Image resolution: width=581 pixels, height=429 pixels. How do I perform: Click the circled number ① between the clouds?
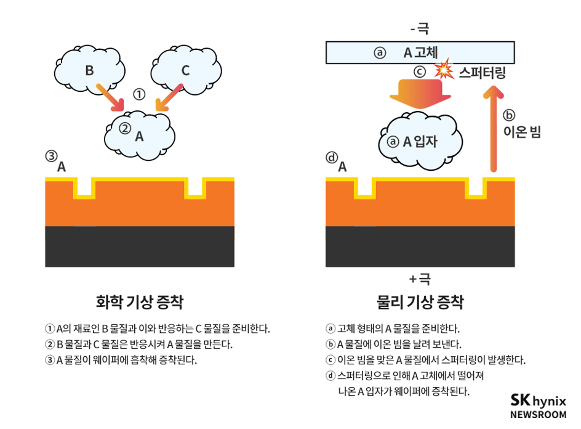[140, 94]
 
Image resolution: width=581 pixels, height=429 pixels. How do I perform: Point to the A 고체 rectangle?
[420, 52]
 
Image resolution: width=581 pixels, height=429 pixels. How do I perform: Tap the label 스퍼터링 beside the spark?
[483, 73]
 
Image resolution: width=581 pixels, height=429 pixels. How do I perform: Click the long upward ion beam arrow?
[492, 129]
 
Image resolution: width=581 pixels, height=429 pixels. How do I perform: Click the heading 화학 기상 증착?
[140, 302]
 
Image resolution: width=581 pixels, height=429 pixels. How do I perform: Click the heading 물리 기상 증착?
[420, 302]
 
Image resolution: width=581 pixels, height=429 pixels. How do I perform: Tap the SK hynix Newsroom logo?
[538, 406]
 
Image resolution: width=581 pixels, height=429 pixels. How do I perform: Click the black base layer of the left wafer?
[140, 247]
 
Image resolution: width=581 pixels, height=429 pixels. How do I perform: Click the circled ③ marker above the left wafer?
[51, 157]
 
